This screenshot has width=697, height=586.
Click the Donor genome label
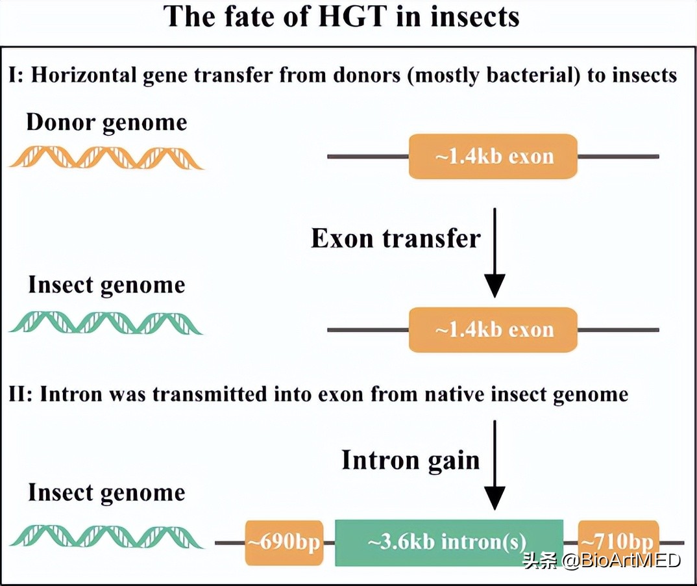click(106, 123)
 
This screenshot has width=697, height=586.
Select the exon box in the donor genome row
click(493, 157)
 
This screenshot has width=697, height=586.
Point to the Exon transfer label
click(395, 238)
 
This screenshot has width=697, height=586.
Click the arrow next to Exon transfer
click(495, 253)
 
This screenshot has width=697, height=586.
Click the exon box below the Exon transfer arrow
click(493, 329)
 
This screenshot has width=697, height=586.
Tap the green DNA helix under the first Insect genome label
click(106, 323)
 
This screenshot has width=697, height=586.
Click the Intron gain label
click(410, 460)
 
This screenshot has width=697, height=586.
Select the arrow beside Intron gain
click(495, 465)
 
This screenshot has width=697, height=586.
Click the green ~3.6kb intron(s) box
click(448, 542)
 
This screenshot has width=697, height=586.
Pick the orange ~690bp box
click(284, 542)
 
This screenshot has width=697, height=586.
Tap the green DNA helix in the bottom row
click(106, 535)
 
